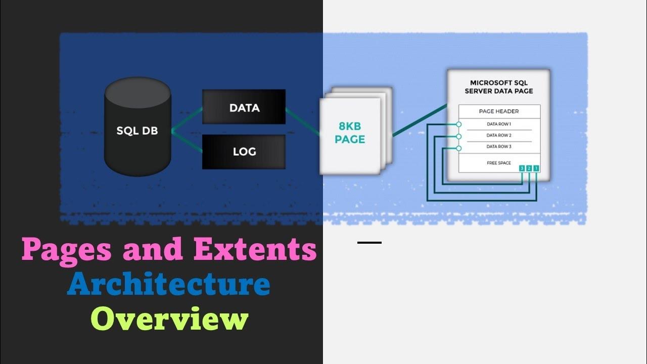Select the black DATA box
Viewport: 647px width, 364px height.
(x=244, y=107)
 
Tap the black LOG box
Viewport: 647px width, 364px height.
(x=244, y=152)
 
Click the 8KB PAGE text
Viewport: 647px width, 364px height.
(x=350, y=133)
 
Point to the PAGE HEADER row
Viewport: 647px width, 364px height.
(x=499, y=111)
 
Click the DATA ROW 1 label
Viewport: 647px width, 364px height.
(x=499, y=124)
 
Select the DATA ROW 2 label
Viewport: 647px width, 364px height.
(x=499, y=135)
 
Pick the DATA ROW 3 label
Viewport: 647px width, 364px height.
(x=499, y=147)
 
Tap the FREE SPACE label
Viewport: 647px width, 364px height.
(x=499, y=163)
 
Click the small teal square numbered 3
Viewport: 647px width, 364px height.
(x=521, y=168)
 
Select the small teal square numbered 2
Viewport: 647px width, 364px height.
(x=529, y=168)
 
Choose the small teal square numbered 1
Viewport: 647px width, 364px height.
(x=536, y=168)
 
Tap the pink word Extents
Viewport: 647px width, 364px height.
(x=255, y=249)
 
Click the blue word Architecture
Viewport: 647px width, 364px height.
(x=169, y=284)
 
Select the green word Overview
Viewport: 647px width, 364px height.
(x=169, y=318)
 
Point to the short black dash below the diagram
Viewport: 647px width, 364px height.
(x=369, y=243)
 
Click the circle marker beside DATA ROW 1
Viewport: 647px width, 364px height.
(x=458, y=124)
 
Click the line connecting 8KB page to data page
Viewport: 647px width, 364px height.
(x=420, y=120)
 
